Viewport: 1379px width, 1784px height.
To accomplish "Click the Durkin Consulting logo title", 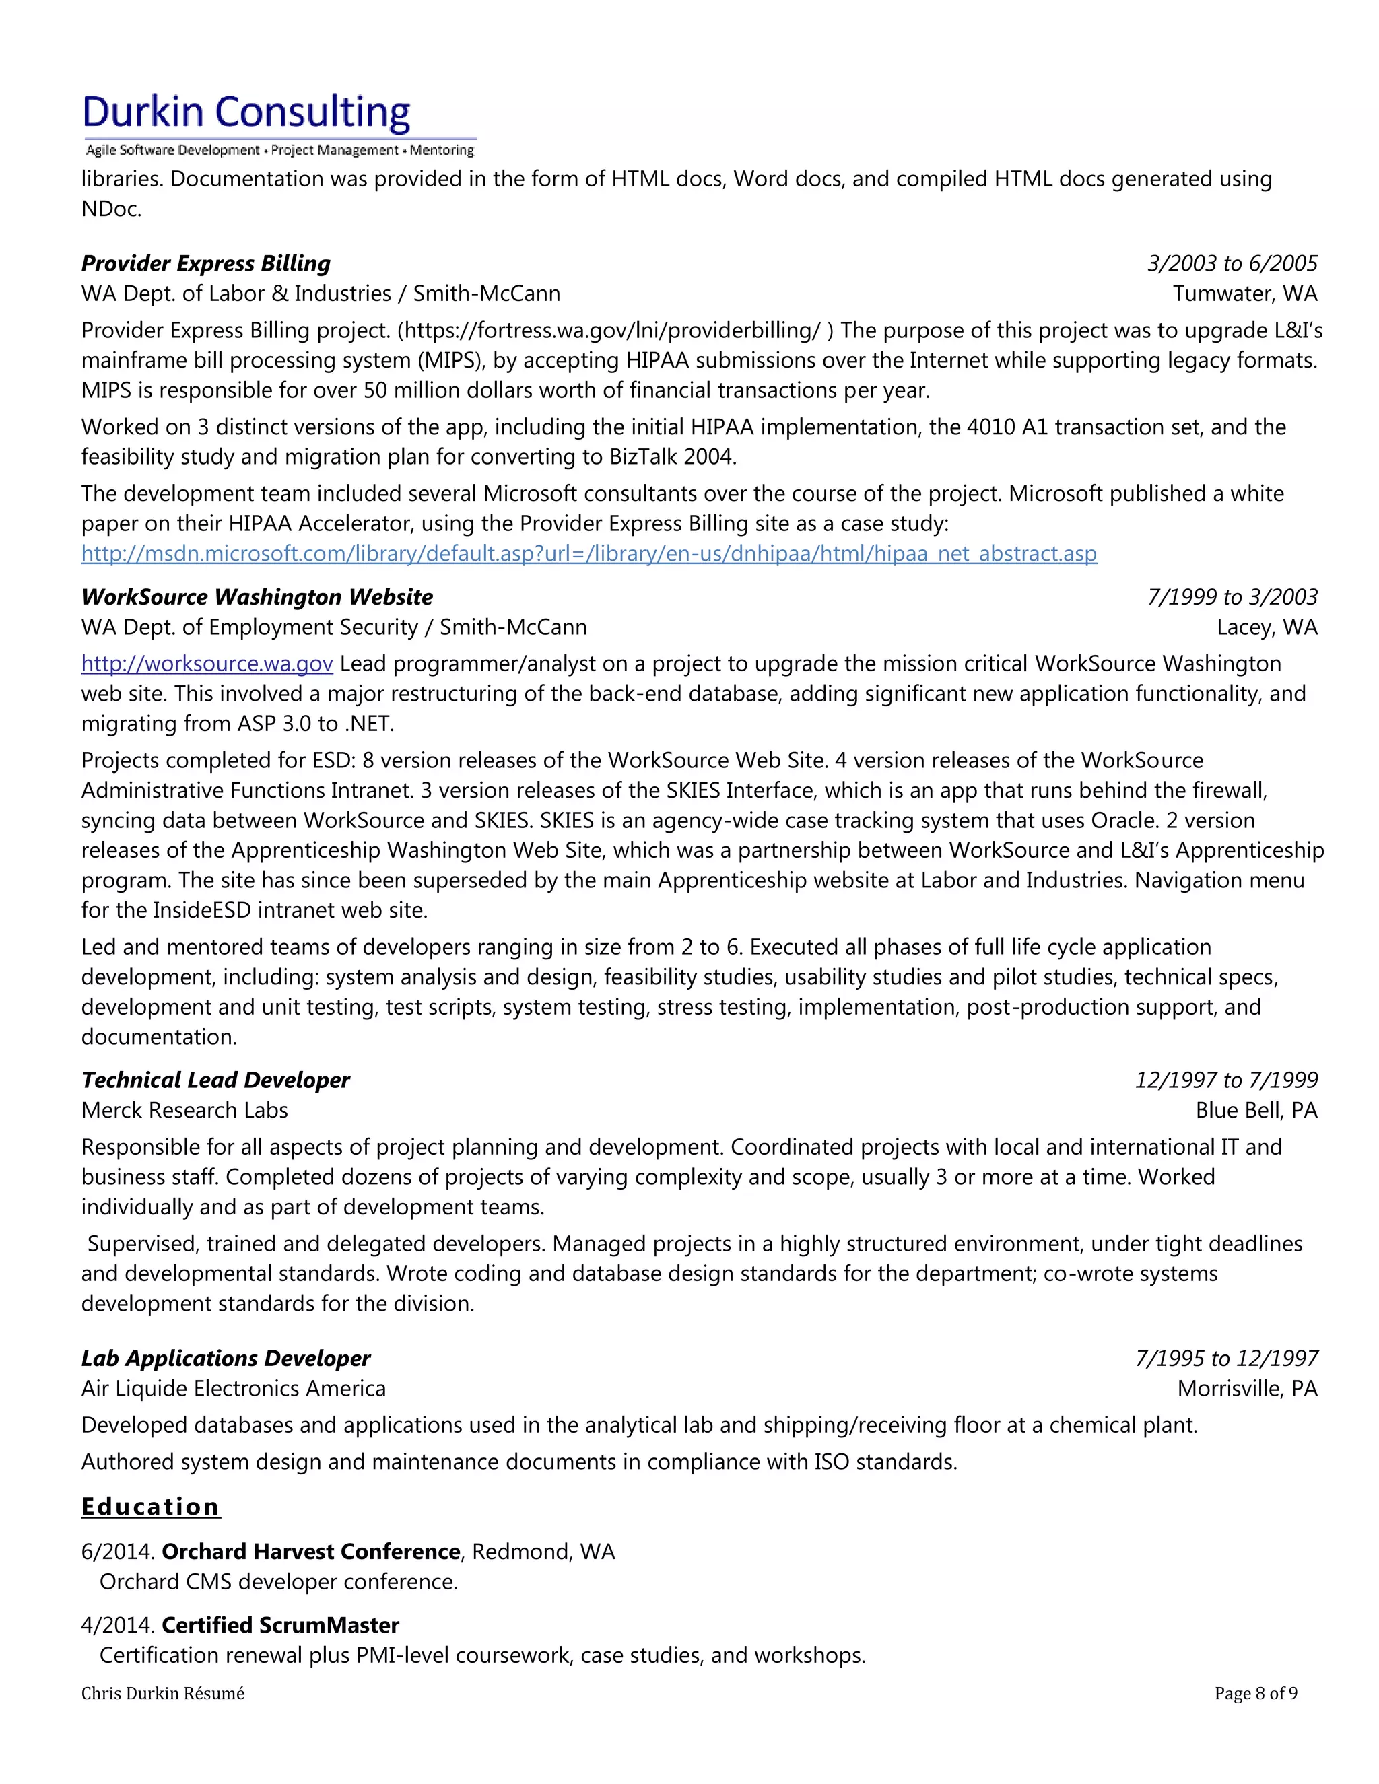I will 246,112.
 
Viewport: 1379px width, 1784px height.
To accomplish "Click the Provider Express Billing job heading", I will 206,263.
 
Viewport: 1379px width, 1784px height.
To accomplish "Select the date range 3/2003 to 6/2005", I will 1232,263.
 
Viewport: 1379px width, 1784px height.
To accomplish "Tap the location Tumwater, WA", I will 1244,294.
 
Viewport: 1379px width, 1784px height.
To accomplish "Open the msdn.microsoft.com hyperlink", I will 588,554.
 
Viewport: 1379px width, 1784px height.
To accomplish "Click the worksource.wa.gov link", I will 207,663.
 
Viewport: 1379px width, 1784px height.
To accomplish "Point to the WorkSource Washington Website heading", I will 257,596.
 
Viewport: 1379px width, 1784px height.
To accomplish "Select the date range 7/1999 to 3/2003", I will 1232,596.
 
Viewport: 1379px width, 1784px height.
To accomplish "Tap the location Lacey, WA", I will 1267,627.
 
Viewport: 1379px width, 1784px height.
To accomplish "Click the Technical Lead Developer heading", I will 215,1080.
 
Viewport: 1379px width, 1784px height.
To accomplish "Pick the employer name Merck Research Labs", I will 184,1110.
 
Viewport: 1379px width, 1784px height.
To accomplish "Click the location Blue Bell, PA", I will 1256,1110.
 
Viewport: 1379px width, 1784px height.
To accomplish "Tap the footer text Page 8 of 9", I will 1255,1693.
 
